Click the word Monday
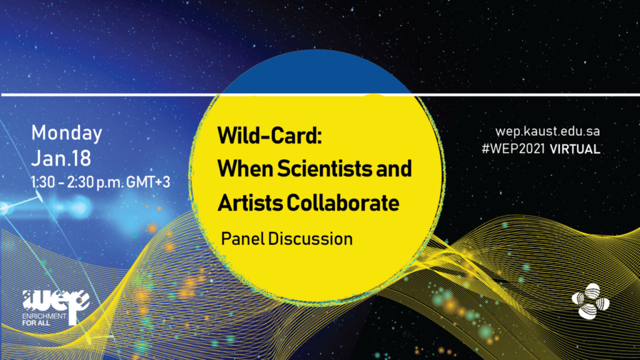[66, 134]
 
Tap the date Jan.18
[61, 158]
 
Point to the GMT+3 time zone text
[148, 182]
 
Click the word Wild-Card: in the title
[270, 136]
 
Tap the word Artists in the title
[250, 202]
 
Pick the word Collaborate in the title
[343, 202]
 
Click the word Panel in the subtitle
[242, 239]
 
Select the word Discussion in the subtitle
[310, 239]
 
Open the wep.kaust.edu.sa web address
[547, 131]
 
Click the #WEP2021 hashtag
[514, 149]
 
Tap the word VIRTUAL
[575, 149]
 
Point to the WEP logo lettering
[56, 302]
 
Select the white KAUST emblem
[591, 302]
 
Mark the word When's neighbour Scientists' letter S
[283, 169]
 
